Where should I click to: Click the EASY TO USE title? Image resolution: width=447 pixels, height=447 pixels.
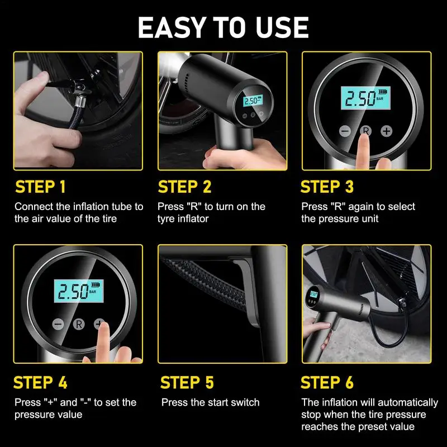(x=223, y=26)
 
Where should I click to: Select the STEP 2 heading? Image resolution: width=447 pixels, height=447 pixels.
(x=185, y=187)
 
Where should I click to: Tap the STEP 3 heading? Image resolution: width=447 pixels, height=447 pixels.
(x=327, y=187)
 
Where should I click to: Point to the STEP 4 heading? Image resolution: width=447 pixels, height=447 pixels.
(x=40, y=383)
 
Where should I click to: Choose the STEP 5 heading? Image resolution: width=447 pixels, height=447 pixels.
(x=187, y=383)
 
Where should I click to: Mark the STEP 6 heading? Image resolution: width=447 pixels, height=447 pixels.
(x=327, y=383)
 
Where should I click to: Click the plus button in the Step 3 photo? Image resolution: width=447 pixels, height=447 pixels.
(x=386, y=131)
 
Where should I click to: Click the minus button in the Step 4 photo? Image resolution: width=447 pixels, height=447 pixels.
(x=58, y=324)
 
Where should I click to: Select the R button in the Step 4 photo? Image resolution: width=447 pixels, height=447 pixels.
(x=79, y=324)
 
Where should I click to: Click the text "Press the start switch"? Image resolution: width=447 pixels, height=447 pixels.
(x=210, y=402)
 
